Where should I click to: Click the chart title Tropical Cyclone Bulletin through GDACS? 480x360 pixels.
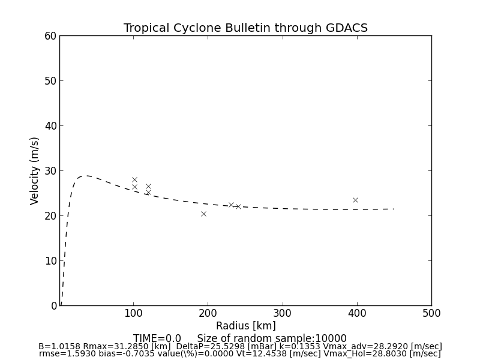pyautogui.click(x=245, y=28)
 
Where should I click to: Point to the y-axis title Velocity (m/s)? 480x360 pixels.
pyautogui.click(x=35, y=170)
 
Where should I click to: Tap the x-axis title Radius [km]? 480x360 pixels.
pyautogui.click(x=246, y=326)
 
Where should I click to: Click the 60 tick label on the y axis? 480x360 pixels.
pyautogui.click(x=50, y=36)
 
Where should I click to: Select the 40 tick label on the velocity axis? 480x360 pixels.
pyautogui.click(x=50, y=126)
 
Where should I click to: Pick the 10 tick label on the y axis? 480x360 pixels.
pyautogui.click(x=50, y=261)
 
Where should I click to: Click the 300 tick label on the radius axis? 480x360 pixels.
pyautogui.click(x=283, y=313)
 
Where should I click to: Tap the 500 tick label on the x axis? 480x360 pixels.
pyautogui.click(x=431, y=313)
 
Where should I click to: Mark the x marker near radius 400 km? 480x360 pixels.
pyautogui.click(x=355, y=200)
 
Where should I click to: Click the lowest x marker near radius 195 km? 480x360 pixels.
pyautogui.click(x=203, y=214)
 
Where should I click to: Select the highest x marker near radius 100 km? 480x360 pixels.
pyautogui.click(x=134, y=179)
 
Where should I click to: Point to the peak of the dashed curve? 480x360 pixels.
pyautogui.click(x=86, y=176)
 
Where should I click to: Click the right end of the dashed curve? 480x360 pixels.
pyautogui.click(x=394, y=209)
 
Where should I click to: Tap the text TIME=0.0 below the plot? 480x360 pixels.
pyautogui.click(x=157, y=338)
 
